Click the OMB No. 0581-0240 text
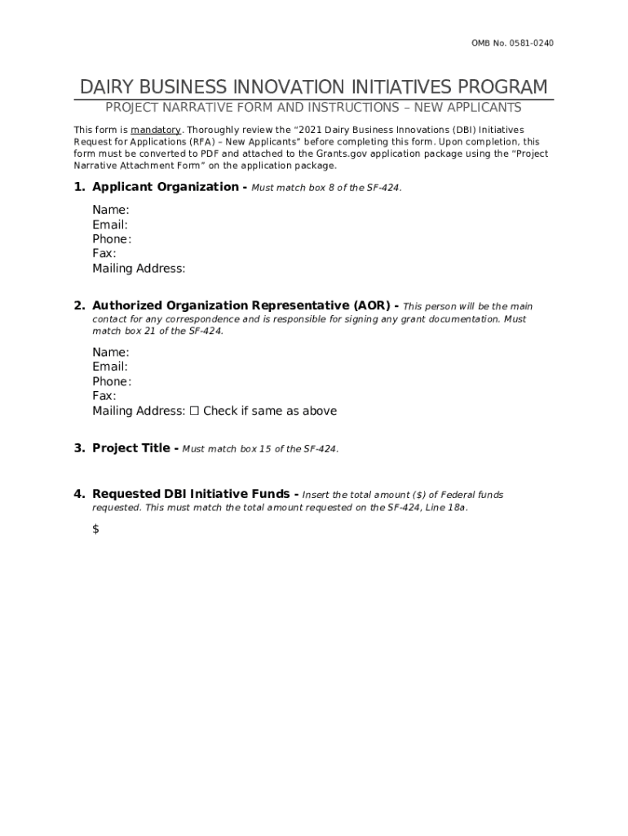(513, 43)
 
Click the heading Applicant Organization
(166, 187)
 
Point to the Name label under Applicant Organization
(110, 210)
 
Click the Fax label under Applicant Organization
(104, 254)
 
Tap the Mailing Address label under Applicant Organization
(139, 269)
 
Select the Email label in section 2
(110, 367)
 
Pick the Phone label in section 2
(112, 381)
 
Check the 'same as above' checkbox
(194, 411)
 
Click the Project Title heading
(130, 448)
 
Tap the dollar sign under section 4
(95, 529)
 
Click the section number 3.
(79, 448)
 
